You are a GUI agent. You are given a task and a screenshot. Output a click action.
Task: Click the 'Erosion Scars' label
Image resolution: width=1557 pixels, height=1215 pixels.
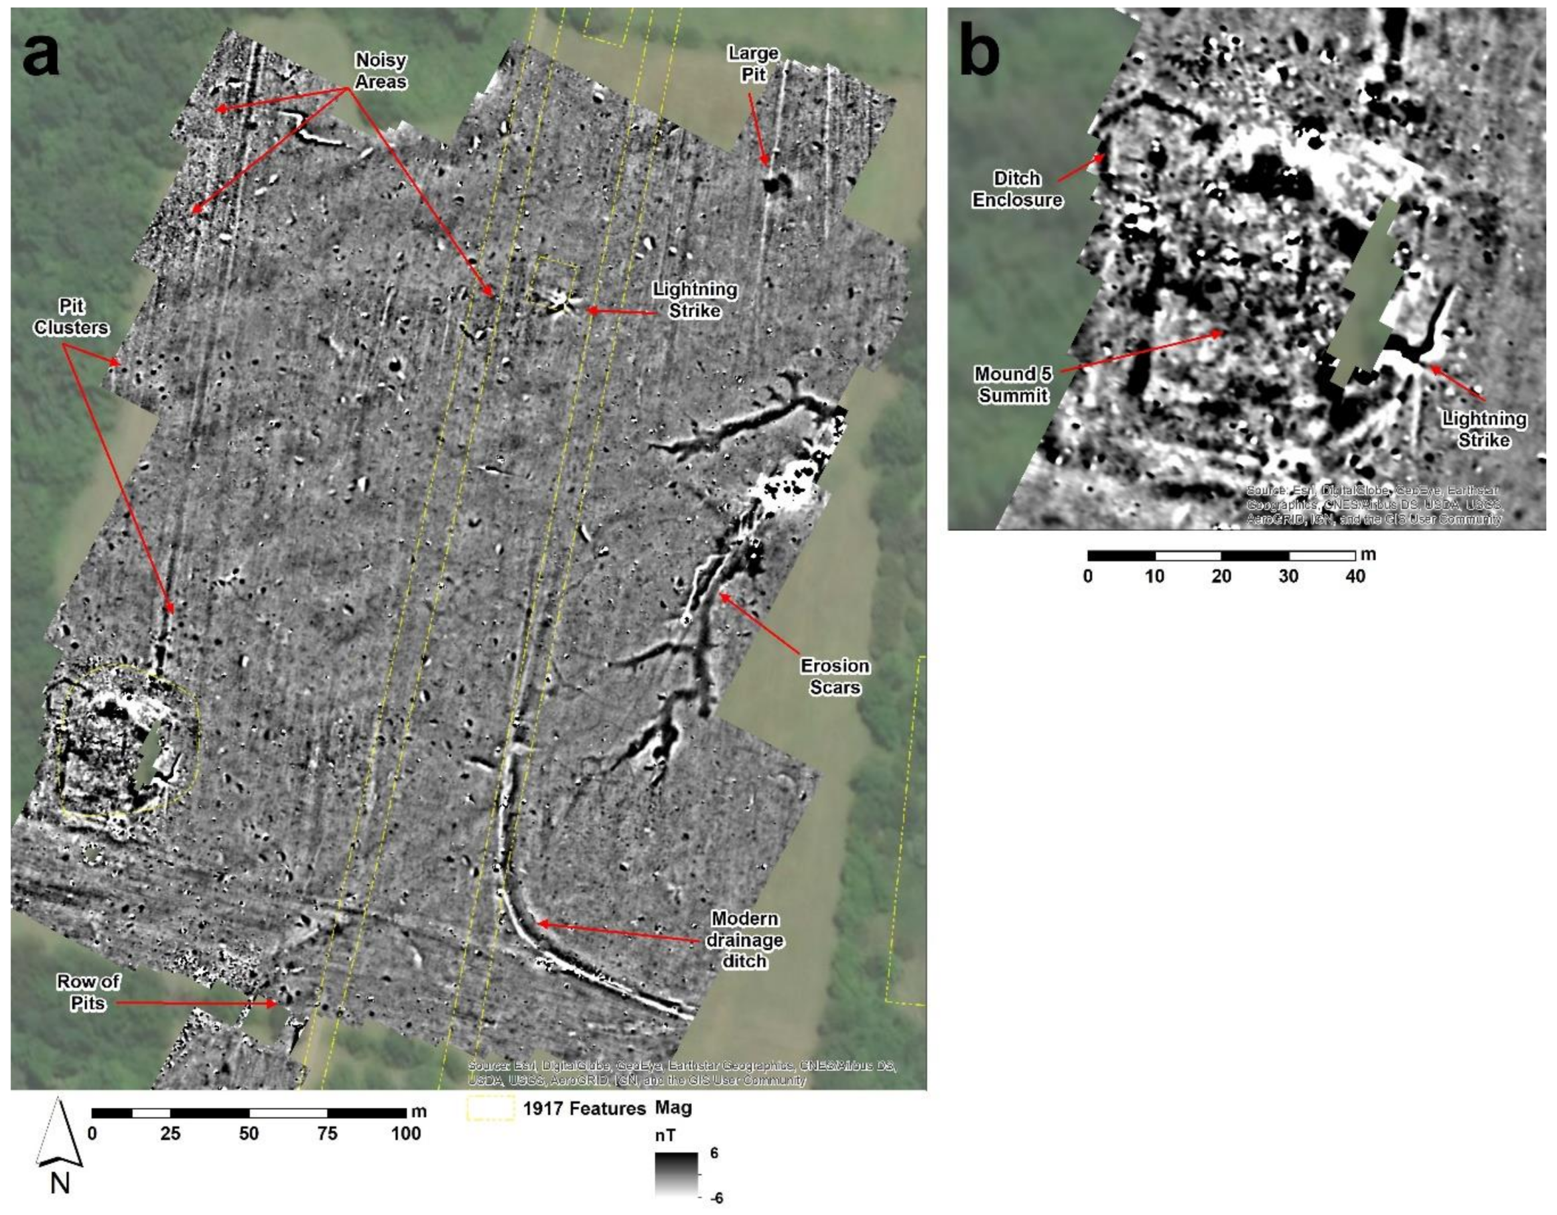[835, 677]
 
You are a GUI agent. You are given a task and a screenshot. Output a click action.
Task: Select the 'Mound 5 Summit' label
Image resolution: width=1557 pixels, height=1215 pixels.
[1012, 384]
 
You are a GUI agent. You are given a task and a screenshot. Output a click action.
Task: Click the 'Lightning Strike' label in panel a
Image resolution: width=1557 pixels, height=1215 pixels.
[695, 300]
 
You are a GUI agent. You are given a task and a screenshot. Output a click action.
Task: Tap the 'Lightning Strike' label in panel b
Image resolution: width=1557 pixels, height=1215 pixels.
[1483, 429]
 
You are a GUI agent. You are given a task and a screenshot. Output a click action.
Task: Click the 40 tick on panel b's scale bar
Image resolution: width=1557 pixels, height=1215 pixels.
[1355, 575]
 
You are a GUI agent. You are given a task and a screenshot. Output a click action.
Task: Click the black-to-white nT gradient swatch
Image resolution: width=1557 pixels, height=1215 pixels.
[677, 1174]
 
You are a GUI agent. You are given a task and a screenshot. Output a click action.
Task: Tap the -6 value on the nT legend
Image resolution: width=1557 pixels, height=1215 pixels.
[716, 1198]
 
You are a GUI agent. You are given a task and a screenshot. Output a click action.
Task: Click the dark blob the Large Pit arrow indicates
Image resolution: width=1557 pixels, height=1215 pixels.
[772, 184]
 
